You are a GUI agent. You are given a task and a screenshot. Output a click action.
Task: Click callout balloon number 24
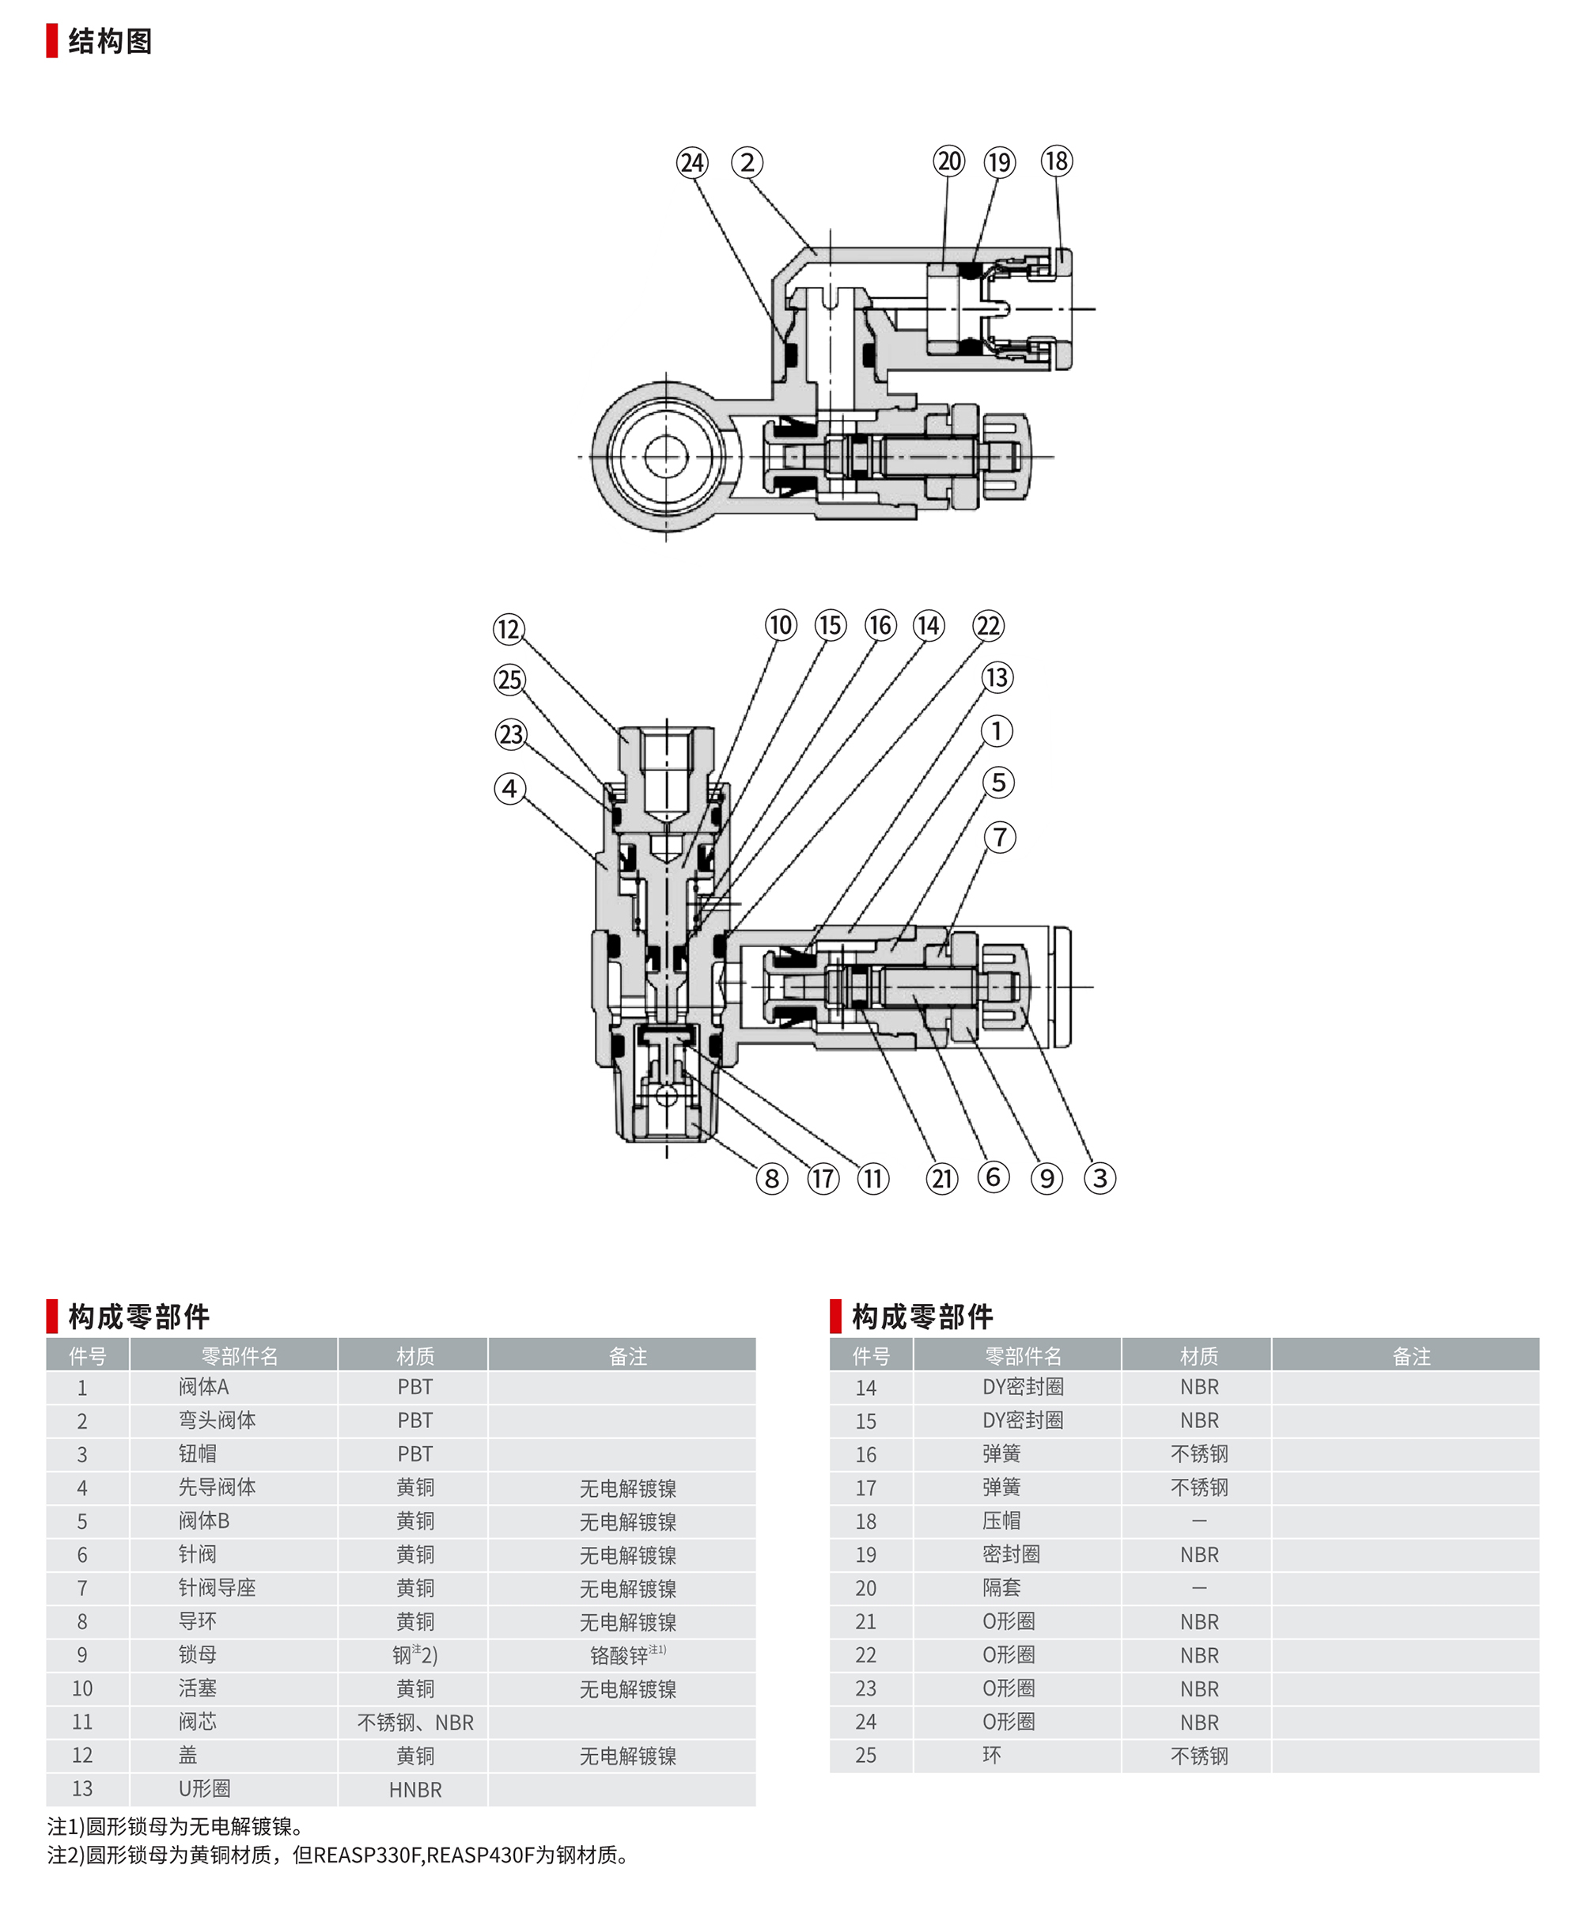click(692, 163)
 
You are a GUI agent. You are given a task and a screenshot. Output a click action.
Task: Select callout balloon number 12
click(509, 628)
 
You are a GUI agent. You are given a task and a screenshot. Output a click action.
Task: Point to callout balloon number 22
click(988, 626)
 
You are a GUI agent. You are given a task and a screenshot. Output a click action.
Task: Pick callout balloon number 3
click(1100, 1179)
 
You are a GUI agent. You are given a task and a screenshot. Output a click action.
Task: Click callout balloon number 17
click(823, 1180)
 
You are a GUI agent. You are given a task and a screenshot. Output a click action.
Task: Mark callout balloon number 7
click(1000, 837)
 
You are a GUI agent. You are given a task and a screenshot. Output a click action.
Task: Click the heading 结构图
click(110, 41)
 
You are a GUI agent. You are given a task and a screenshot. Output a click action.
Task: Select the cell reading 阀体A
click(203, 1387)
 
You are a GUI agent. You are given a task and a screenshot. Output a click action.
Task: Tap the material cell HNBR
click(414, 1790)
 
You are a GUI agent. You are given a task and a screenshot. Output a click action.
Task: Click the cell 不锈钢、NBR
click(414, 1722)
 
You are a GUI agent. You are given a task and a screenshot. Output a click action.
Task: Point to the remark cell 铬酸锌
click(627, 1655)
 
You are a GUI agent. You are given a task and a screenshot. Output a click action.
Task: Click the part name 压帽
click(1001, 1521)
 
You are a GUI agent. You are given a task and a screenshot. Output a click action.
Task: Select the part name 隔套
click(1001, 1588)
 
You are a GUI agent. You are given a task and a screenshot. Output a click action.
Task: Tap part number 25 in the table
click(865, 1757)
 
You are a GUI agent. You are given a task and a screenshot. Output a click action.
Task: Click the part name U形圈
click(205, 1789)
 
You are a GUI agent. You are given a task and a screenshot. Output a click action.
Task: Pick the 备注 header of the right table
click(1411, 1356)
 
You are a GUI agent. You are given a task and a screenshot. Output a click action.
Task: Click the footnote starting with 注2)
click(339, 1855)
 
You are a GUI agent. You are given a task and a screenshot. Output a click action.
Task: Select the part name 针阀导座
click(218, 1588)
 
